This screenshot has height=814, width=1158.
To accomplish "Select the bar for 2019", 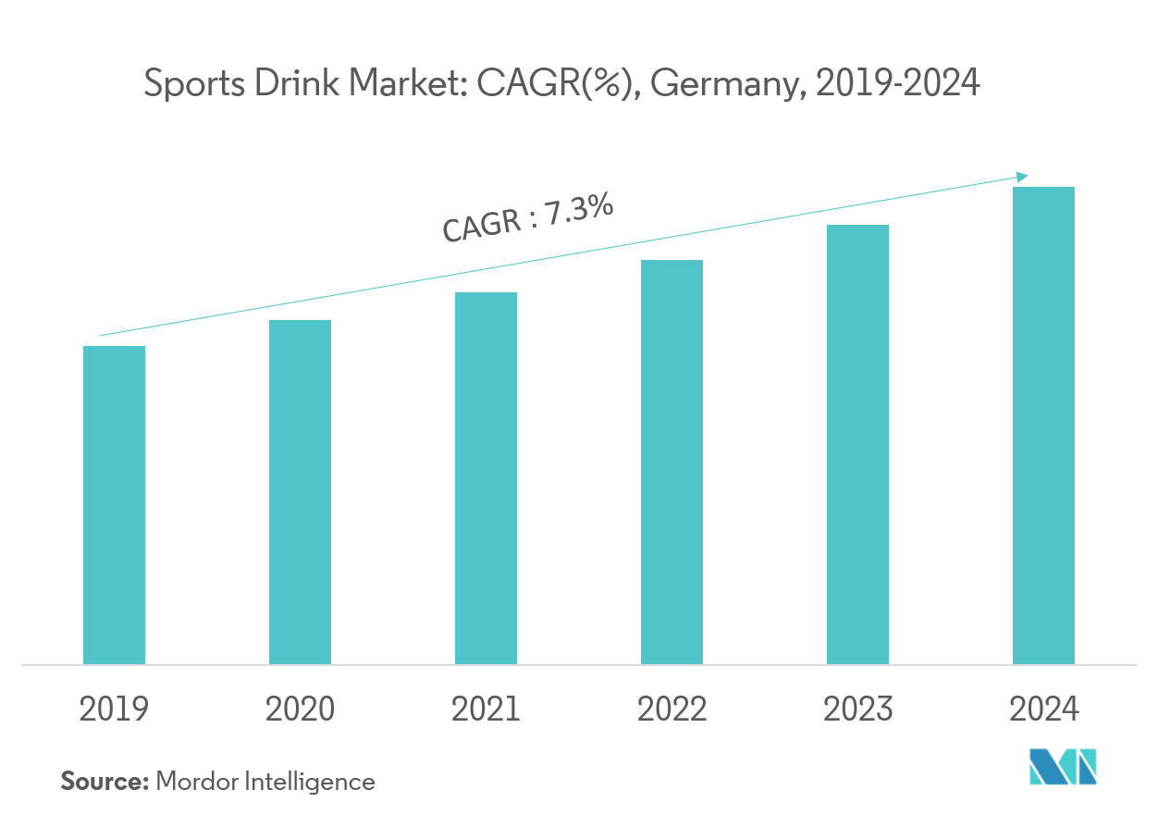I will [114, 505].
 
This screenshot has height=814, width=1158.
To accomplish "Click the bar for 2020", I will [300, 492].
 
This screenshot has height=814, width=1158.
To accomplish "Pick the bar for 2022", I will [671, 461].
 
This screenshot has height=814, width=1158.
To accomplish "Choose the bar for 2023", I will [857, 444].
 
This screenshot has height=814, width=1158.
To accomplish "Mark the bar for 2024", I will [1043, 425].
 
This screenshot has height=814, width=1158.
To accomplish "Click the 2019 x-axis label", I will [114, 709].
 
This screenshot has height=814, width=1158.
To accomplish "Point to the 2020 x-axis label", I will [300, 709].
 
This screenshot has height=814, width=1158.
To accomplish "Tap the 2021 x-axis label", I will [486, 709].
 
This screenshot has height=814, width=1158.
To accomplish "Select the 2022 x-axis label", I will [671, 709].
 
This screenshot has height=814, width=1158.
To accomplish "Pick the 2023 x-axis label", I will [857, 709].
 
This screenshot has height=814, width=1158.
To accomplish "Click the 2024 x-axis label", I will [1043, 709].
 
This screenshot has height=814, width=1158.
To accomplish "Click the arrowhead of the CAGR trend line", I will [1022, 176].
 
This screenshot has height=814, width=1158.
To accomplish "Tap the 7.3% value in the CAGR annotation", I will [579, 209].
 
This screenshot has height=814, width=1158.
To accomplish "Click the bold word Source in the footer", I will [105, 782].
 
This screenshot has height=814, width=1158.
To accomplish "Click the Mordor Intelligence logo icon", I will [1064, 769].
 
